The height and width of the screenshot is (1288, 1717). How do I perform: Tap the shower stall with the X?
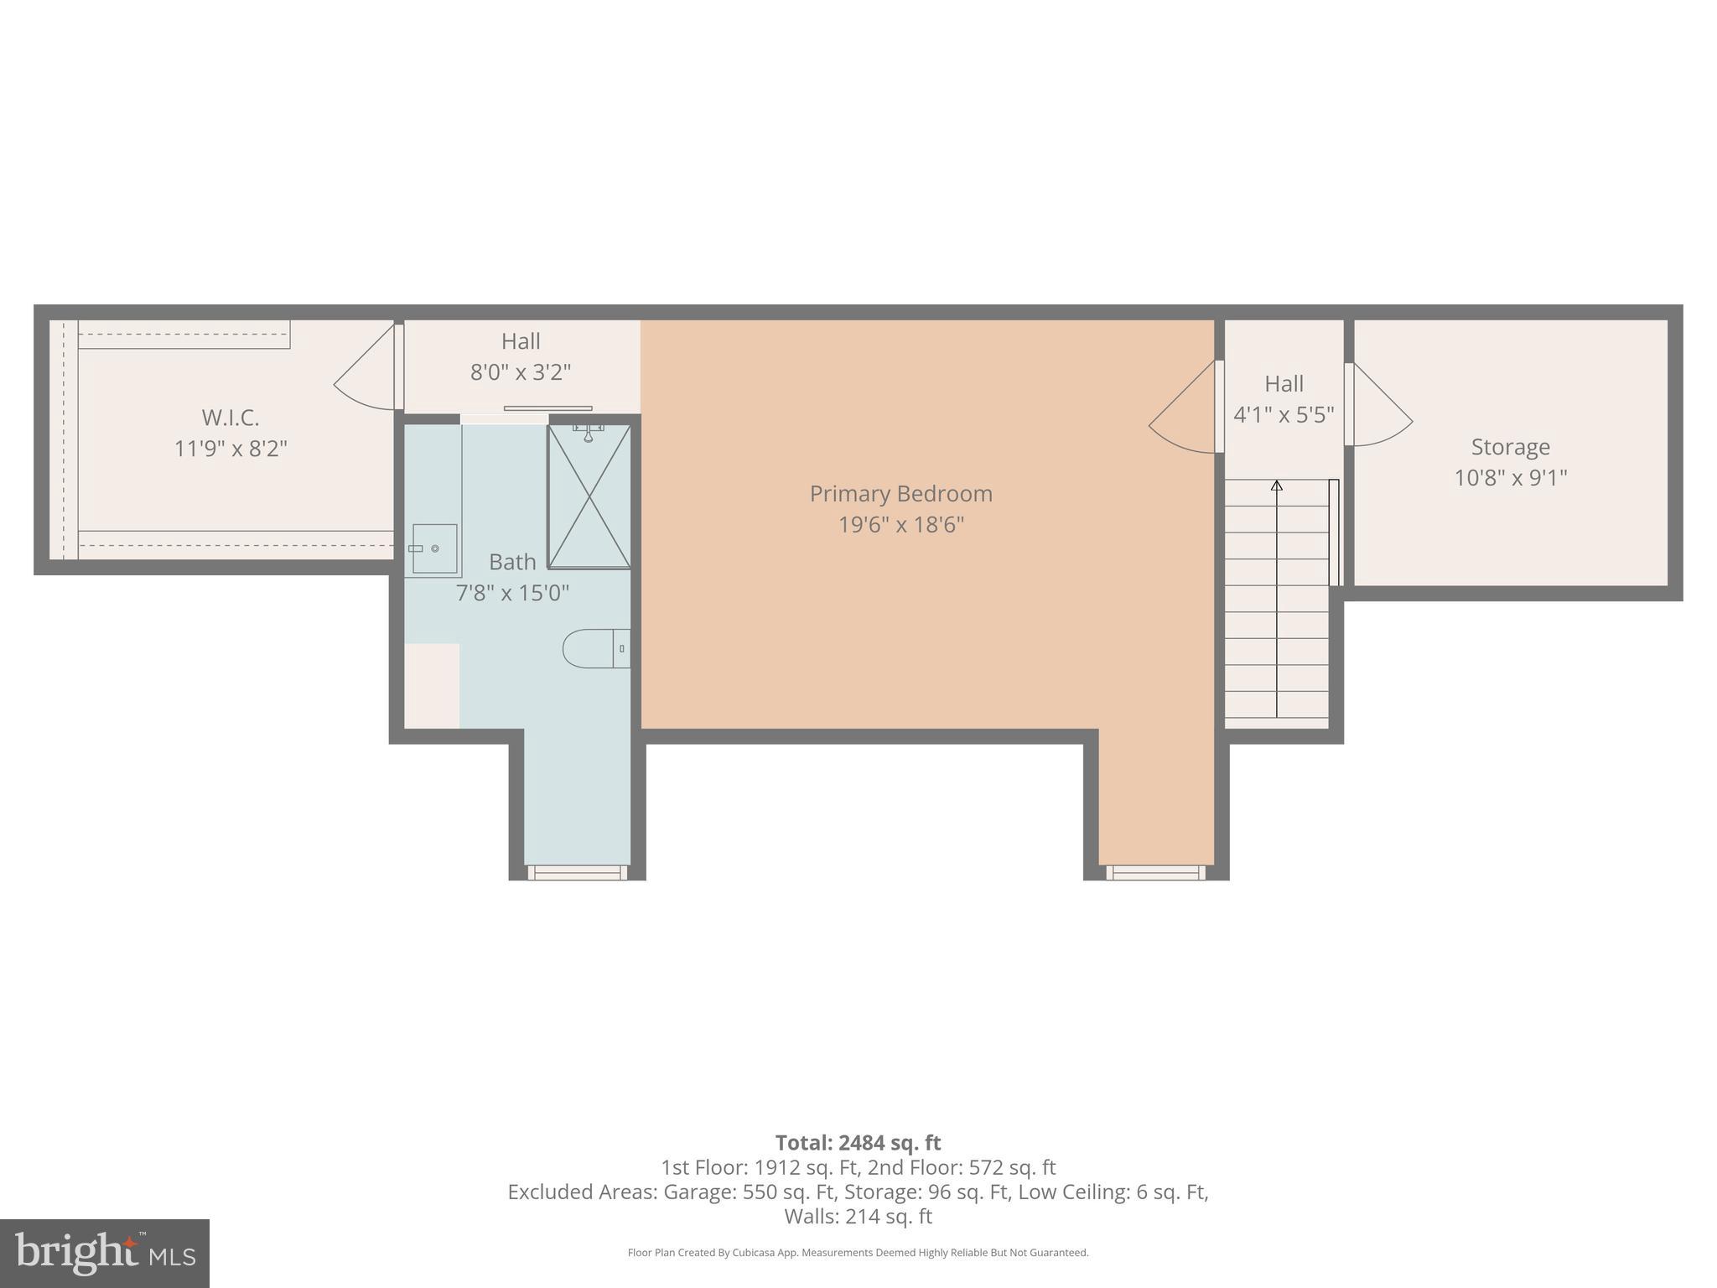589,496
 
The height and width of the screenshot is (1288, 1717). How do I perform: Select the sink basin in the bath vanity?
434,548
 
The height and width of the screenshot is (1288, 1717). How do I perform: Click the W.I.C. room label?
231,418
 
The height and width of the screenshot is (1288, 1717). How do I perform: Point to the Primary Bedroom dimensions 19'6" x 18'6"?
901,525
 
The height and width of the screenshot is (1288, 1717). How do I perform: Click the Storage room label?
1510,447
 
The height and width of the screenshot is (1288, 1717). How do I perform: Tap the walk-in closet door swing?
365,375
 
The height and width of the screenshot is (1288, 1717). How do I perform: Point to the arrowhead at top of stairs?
1277,486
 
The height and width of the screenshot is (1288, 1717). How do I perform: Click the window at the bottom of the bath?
578,872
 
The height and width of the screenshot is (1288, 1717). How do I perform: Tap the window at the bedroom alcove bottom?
1155,872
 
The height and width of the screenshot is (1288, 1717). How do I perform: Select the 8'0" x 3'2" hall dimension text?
521,372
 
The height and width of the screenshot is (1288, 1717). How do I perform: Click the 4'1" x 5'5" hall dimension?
1284,415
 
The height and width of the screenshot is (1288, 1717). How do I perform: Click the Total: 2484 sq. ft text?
858,1143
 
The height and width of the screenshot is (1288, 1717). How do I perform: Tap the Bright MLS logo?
105,1253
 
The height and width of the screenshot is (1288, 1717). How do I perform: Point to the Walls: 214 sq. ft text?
858,1216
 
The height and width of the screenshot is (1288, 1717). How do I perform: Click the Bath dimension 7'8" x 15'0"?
512,593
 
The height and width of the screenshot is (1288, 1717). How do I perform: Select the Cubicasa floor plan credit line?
858,1253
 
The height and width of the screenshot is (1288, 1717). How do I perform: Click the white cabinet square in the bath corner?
432,685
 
